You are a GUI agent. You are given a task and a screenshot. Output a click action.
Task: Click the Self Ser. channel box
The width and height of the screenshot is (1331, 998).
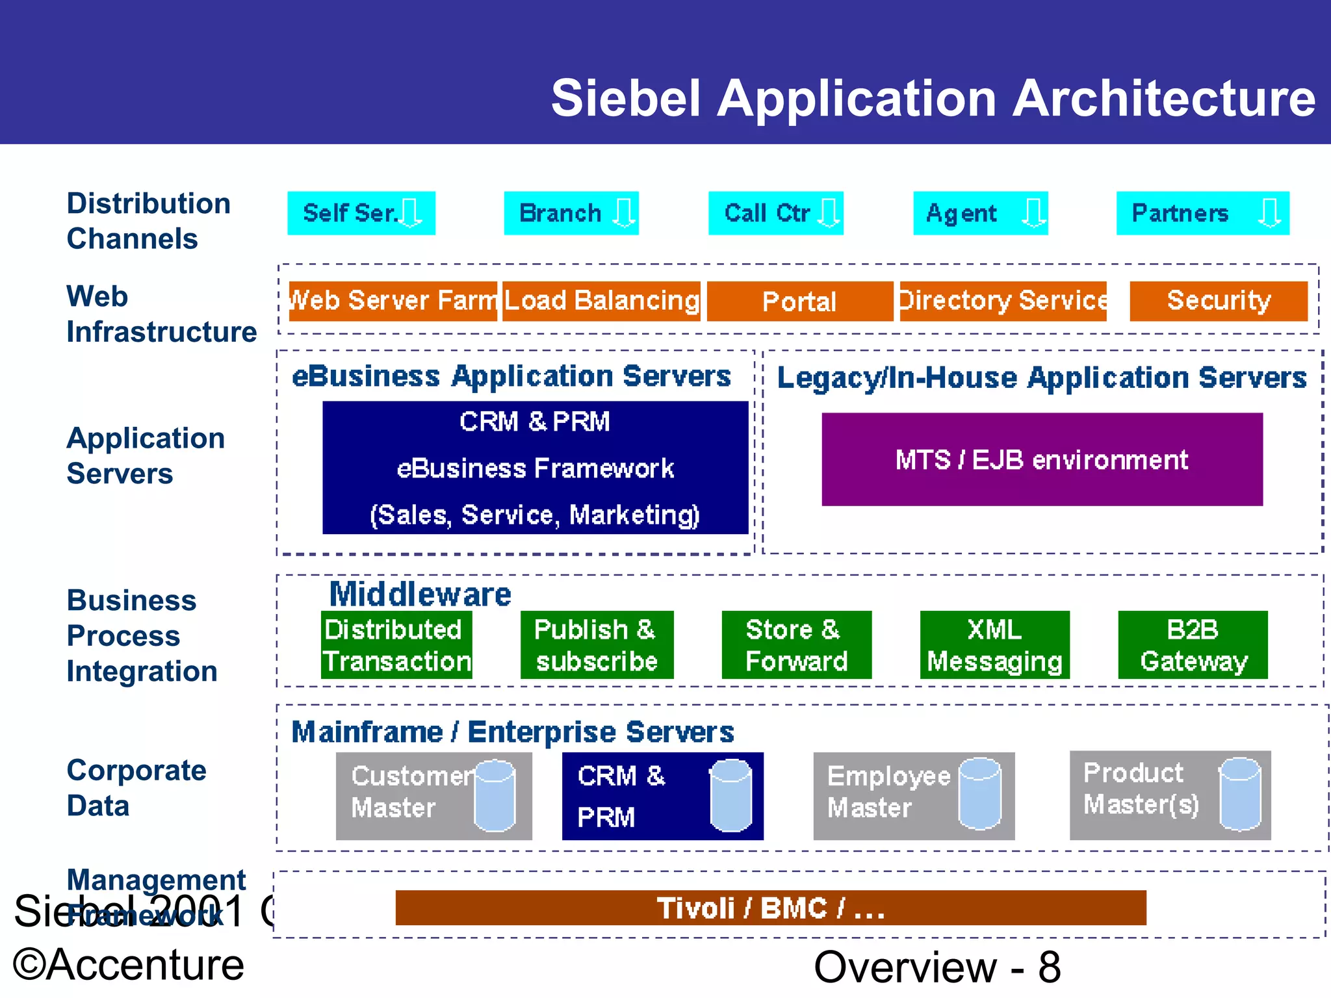[361, 213]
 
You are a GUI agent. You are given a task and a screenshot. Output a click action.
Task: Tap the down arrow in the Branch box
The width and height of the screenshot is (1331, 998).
[624, 212]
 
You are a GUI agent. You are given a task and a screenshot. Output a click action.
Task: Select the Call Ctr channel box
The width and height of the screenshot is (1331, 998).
[775, 213]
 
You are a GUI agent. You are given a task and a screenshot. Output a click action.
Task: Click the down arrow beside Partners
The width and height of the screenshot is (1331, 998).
[1269, 212]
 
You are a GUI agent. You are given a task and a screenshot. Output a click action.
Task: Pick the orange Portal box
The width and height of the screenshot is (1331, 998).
[799, 301]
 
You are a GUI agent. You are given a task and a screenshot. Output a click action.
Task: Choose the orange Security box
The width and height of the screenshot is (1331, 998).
[1219, 301]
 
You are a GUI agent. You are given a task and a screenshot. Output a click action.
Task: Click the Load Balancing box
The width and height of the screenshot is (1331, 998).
[602, 301]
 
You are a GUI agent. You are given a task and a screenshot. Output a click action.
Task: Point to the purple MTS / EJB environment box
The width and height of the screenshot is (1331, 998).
[1042, 459]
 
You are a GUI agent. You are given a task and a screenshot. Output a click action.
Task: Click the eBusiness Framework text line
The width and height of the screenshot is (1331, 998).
[535, 468]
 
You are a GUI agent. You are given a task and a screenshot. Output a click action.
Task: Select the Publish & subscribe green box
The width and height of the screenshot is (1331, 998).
[597, 645]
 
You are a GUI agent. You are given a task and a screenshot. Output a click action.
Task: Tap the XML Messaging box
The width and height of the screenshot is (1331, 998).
[994, 645]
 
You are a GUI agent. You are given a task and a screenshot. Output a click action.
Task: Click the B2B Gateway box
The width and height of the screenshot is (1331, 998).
[1193, 645]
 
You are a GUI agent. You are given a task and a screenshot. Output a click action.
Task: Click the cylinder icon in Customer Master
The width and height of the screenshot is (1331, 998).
[495, 796]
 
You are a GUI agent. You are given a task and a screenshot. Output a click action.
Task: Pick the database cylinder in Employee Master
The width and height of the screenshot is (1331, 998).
[979, 794]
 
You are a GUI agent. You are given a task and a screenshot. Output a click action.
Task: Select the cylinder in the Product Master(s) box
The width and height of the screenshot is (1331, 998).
[1239, 794]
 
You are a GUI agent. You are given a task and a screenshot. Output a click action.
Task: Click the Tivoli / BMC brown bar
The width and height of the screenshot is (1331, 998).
[771, 908]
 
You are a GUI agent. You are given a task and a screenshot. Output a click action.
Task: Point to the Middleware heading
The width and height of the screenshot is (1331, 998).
[420, 594]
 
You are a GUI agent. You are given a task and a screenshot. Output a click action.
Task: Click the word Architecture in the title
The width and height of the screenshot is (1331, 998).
[1164, 99]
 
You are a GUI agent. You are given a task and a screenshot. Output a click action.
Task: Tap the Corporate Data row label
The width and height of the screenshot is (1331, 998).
[136, 787]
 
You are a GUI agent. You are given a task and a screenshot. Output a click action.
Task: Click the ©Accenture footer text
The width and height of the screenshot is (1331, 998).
[129, 965]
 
